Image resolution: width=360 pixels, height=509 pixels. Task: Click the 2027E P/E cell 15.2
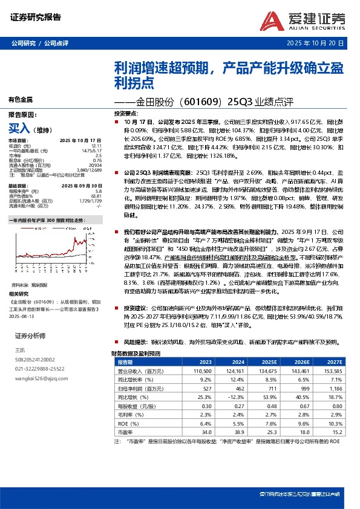click(336, 432)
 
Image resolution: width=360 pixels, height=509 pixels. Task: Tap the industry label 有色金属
click(21, 99)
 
